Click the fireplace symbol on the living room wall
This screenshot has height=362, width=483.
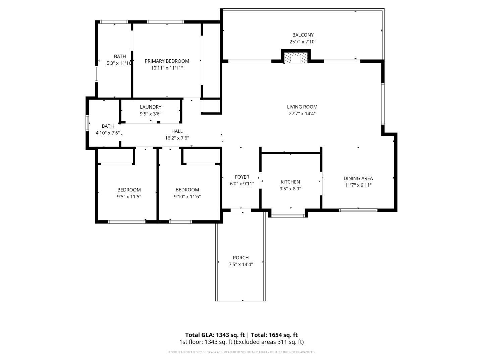(x=296, y=58)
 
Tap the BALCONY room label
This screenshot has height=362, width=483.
(x=303, y=35)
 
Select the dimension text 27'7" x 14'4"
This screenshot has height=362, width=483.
(x=302, y=114)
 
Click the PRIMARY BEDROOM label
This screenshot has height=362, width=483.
(x=167, y=61)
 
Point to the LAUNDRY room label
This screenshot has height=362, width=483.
(x=151, y=107)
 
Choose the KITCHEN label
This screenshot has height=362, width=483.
(x=290, y=182)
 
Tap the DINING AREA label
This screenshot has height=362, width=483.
(x=358, y=178)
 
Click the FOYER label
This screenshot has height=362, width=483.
(x=242, y=177)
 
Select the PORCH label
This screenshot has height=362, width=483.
(x=241, y=257)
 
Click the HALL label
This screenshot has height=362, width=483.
(x=177, y=131)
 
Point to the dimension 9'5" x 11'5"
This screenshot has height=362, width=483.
(x=129, y=197)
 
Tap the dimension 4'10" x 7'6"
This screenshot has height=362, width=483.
(x=108, y=133)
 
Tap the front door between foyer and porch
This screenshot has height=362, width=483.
(x=241, y=210)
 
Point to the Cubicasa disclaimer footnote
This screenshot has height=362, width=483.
(x=241, y=352)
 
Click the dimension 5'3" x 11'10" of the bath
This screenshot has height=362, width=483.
(x=119, y=63)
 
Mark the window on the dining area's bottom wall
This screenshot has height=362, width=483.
(x=358, y=210)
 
